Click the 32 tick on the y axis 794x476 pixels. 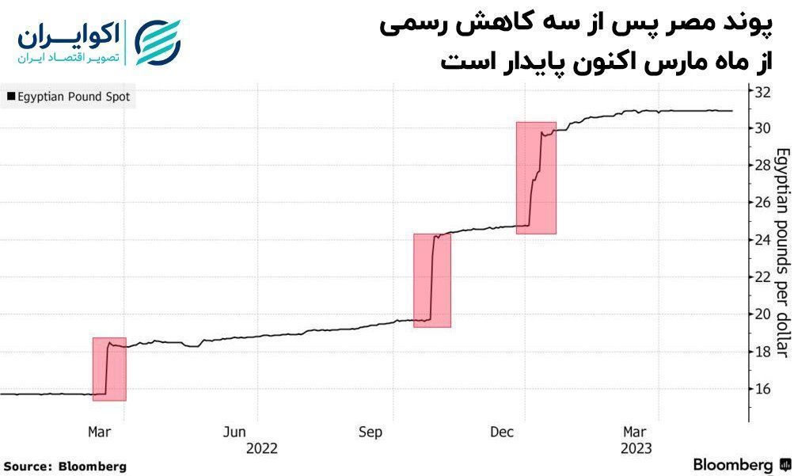pyautogui.click(x=763, y=91)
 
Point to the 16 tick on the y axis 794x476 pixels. pyautogui.click(x=763, y=389)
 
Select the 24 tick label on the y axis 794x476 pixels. pyautogui.click(x=763, y=240)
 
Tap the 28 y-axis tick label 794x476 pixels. pyautogui.click(x=763, y=166)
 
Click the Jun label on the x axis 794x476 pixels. pyautogui.click(x=235, y=432)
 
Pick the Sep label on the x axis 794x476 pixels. pyautogui.click(x=370, y=432)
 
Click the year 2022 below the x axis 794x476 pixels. pyautogui.click(x=262, y=447)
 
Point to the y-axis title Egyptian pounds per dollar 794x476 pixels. pyautogui.click(x=781, y=253)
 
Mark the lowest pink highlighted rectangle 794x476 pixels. pyautogui.click(x=109, y=369)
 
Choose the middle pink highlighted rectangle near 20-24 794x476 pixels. pyautogui.click(x=432, y=280)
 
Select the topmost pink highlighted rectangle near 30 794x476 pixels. pyautogui.click(x=536, y=177)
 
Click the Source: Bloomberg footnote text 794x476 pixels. pyautogui.click(x=65, y=466)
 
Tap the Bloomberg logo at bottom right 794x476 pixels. pyautogui.click(x=740, y=464)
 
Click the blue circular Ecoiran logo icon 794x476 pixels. pyautogui.click(x=158, y=43)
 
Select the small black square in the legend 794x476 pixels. pyautogui.click(x=10, y=97)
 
